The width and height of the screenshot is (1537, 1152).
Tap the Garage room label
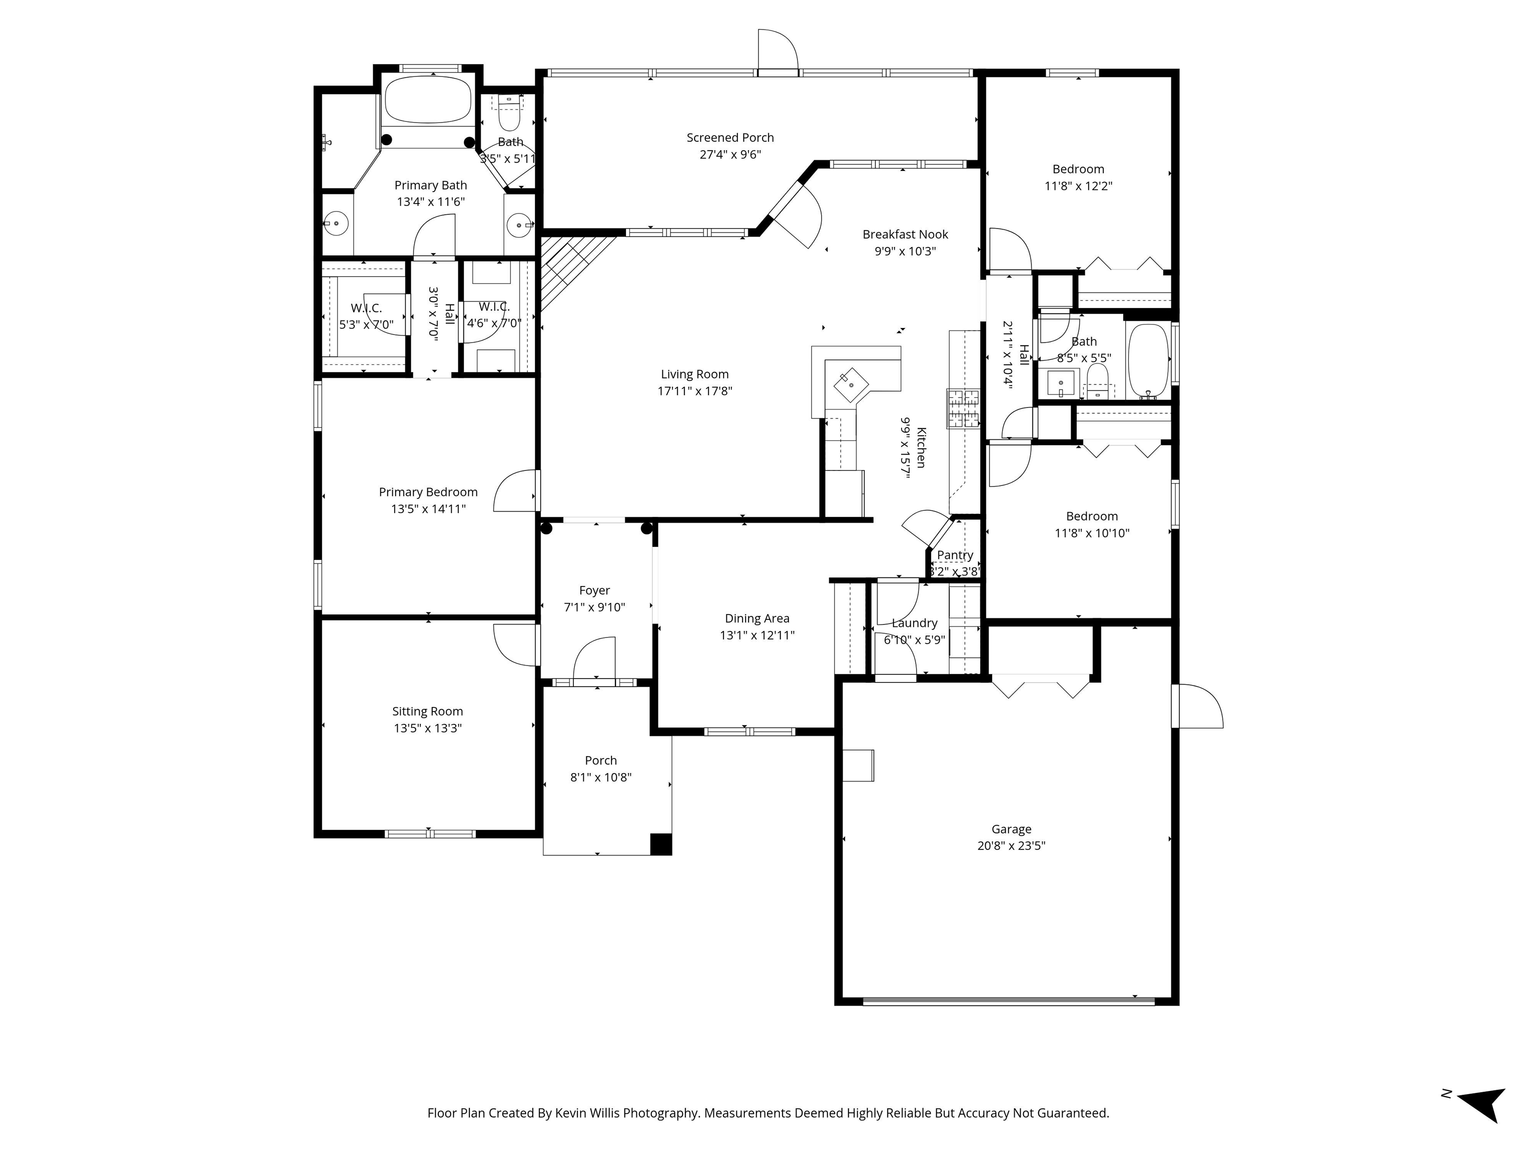1011,828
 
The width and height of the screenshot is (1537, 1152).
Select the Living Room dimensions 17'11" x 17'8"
695,391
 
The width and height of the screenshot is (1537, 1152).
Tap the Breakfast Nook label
906,234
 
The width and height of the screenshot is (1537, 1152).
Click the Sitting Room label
427,711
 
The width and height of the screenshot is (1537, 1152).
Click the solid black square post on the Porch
661,843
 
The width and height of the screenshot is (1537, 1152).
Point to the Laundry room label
915,623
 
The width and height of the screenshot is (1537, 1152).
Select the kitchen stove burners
962,408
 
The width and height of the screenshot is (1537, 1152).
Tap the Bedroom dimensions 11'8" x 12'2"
1078,186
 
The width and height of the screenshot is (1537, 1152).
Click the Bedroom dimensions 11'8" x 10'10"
1092,533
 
